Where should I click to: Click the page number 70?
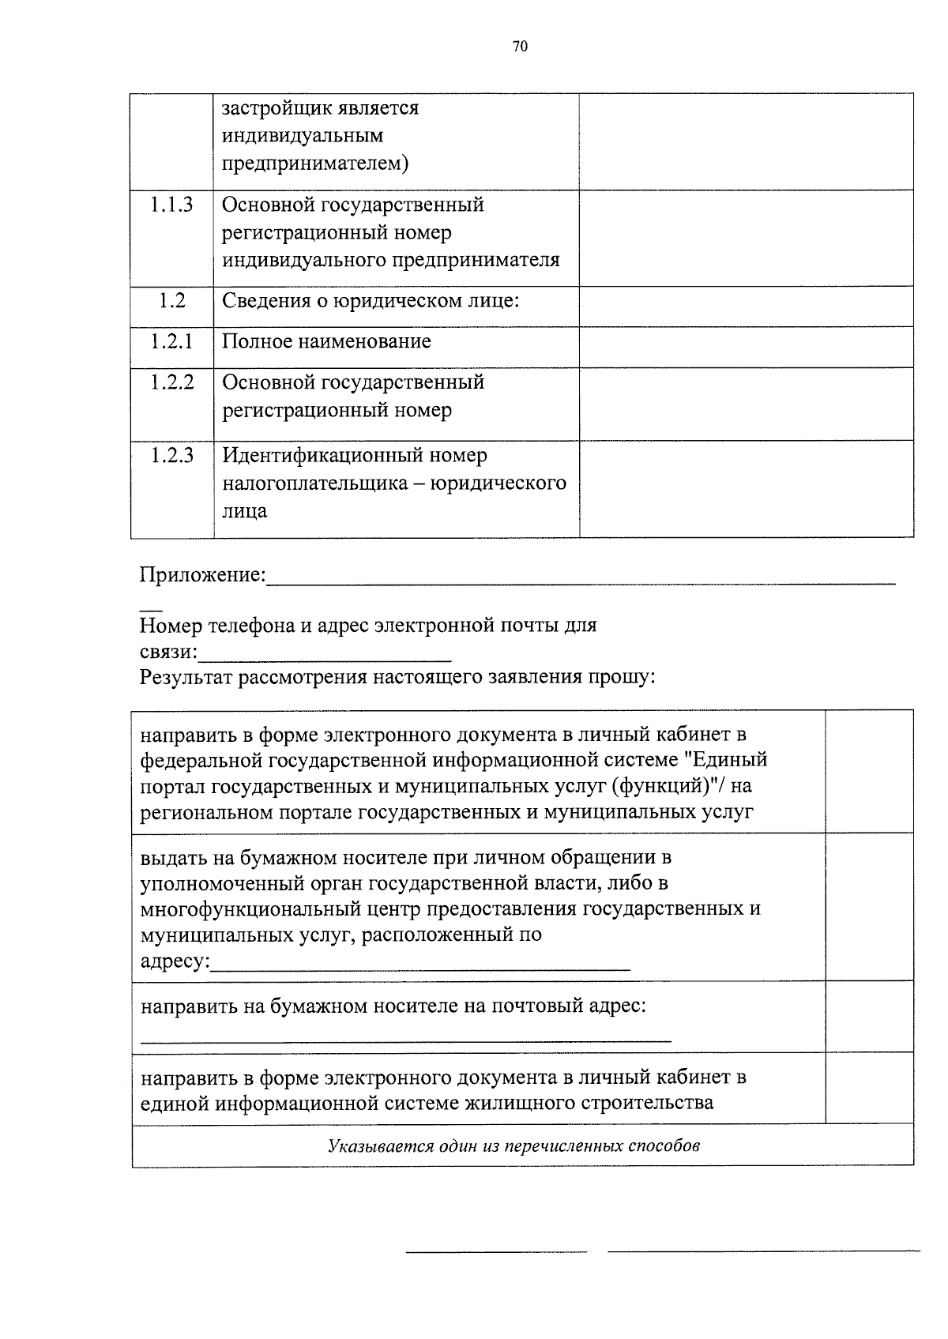(x=519, y=47)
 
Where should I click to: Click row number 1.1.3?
(x=171, y=205)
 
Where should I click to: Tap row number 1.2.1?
(x=171, y=342)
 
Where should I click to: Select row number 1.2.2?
(x=171, y=382)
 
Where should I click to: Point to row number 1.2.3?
(x=171, y=456)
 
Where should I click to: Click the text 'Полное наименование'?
(x=326, y=342)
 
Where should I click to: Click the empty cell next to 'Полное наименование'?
(x=746, y=347)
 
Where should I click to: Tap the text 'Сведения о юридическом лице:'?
(x=370, y=302)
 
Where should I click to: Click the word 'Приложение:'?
(x=203, y=574)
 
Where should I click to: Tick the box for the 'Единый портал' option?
(x=869, y=771)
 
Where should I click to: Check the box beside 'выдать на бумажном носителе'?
(x=869, y=907)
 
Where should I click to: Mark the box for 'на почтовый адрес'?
(x=869, y=1017)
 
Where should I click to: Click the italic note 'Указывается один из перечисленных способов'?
(x=513, y=1145)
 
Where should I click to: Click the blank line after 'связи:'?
(x=325, y=656)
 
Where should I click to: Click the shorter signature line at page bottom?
(x=496, y=1250)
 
